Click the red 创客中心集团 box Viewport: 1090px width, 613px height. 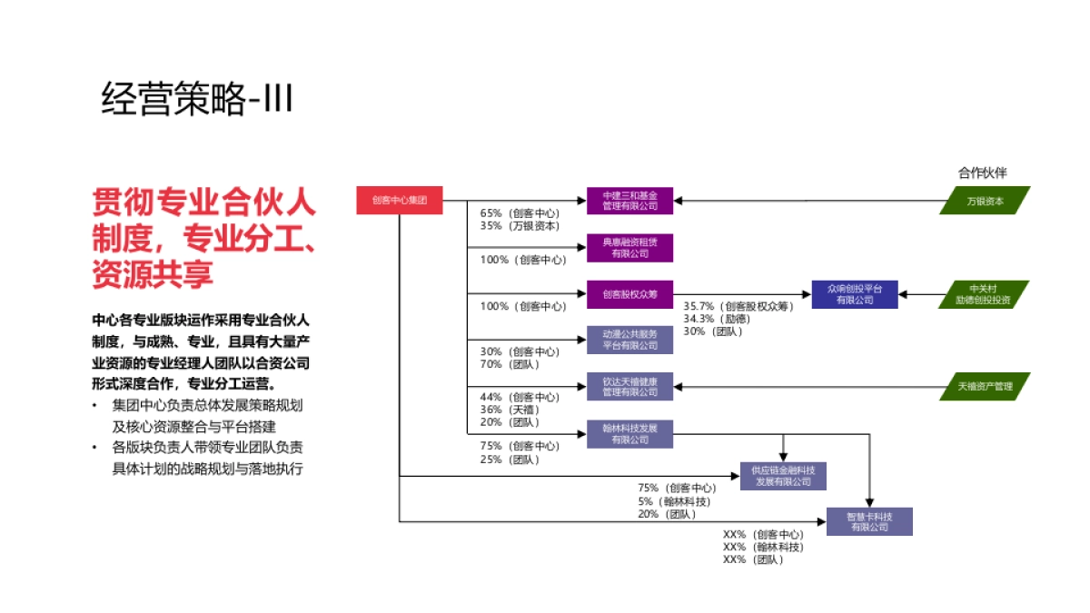pos(400,200)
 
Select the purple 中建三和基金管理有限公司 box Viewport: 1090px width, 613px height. pos(629,200)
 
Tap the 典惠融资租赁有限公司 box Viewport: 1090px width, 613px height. pos(629,247)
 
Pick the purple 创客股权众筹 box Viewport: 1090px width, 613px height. pos(629,293)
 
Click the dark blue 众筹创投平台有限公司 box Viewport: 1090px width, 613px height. pos(854,293)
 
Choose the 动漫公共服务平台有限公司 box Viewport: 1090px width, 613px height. pos(629,340)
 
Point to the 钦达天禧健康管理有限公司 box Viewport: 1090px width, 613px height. pos(629,386)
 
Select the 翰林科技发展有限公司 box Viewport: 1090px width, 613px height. pos(629,433)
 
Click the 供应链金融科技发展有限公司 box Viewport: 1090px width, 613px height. pos(783,476)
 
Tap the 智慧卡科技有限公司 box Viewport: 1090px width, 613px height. pos(869,521)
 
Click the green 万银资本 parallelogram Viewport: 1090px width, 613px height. pos(985,200)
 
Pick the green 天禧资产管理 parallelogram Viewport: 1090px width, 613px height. pos(985,386)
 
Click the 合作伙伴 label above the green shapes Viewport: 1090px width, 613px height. pos(982,173)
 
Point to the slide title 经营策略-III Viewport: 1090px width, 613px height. pos(197,98)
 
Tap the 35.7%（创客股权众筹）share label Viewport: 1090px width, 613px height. pos(738,307)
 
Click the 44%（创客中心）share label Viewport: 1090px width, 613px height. pos(520,397)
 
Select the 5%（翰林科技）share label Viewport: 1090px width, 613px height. pos(673,501)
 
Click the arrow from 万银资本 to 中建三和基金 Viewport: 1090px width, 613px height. pos(808,200)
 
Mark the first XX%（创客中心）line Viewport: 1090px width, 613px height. pos(763,535)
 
